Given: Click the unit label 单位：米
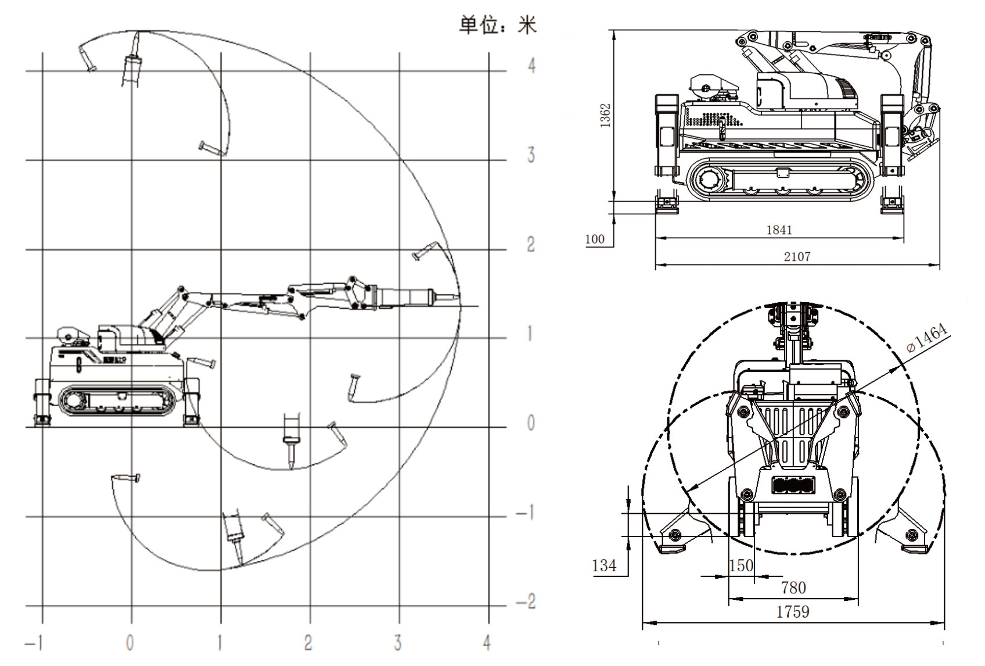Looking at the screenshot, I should [x=498, y=26].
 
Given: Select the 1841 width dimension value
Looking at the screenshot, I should [x=779, y=230].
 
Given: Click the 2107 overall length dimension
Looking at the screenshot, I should [x=797, y=256].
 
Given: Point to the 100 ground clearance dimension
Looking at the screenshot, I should [x=595, y=239].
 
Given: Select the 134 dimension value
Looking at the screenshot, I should [x=604, y=565].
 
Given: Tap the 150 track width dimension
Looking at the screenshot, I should [x=741, y=565].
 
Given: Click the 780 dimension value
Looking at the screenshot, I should [x=793, y=588].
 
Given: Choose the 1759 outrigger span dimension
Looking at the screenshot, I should [x=793, y=611].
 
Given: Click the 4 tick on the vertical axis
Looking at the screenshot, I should [x=531, y=65].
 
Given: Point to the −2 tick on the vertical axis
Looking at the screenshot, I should [x=526, y=602].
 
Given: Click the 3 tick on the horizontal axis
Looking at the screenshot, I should [x=398, y=643].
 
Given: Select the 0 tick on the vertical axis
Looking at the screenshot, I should [x=530, y=423].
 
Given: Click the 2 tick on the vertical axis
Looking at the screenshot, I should [x=531, y=245].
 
